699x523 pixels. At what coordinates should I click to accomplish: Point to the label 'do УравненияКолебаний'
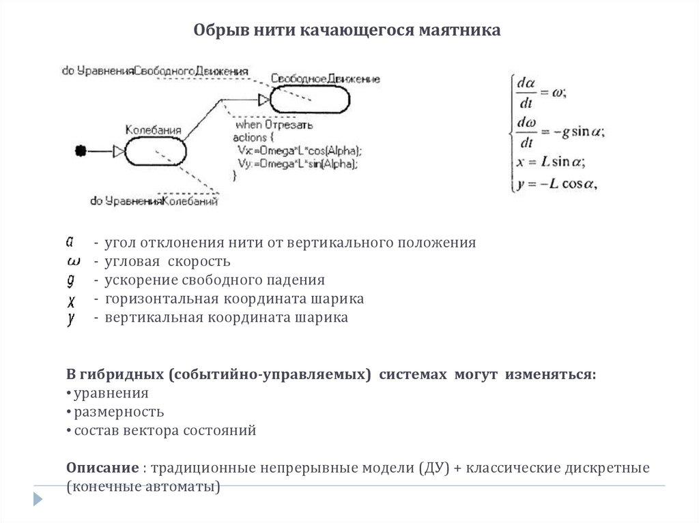[x=154, y=201]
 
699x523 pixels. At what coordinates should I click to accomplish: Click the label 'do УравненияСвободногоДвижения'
[x=155, y=70]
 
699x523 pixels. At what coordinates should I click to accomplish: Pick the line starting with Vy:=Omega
[x=298, y=164]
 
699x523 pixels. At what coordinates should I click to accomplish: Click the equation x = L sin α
[x=552, y=163]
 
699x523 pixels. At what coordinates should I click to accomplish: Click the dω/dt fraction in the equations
[x=526, y=132]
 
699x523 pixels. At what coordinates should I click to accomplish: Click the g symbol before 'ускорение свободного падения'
[x=71, y=280]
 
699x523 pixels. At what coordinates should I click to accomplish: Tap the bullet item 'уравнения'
[x=111, y=393]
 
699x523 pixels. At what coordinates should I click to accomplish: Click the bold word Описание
[x=102, y=469]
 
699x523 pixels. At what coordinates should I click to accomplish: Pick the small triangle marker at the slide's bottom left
[x=38, y=499]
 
